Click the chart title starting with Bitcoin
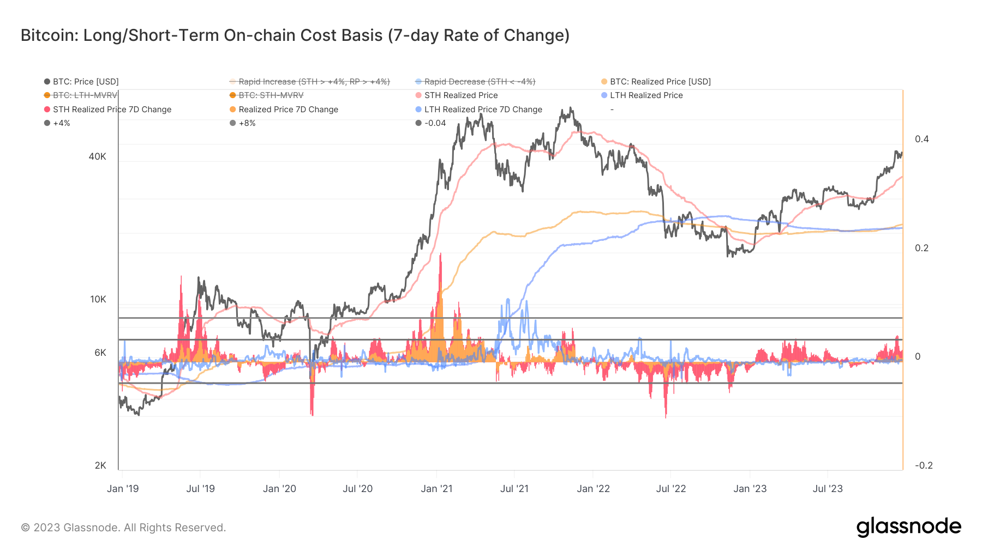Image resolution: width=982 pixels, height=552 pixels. coord(295,35)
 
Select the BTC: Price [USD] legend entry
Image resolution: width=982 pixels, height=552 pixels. coord(81,82)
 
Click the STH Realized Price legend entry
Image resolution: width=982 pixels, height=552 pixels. coord(457,95)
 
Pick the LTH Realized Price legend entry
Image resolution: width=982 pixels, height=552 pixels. coord(642,95)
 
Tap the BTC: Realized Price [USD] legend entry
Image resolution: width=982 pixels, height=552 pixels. coord(656,82)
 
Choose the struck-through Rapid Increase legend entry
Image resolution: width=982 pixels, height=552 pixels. coord(310,82)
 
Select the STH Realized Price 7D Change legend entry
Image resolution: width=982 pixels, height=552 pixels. coord(107,110)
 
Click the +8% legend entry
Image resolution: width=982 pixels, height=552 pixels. coord(243,123)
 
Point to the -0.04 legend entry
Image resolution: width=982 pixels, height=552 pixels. coord(431,123)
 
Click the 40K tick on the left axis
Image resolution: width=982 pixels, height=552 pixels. coord(97,157)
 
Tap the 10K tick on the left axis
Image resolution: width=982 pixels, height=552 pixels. coord(98,300)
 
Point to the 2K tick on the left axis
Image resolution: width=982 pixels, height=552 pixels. coord(100,466)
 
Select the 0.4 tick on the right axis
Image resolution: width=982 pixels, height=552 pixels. coord(922,139)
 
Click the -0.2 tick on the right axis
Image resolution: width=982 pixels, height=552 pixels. coord(924,466)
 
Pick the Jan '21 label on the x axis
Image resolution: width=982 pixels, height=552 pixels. coord(436,489)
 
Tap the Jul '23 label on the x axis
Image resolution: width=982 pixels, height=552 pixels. coord(828,489)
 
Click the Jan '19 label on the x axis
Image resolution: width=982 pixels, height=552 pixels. coord(123,489)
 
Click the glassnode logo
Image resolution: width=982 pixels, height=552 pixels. coord(909,527)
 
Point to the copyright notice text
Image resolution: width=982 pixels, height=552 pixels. coord(123,527)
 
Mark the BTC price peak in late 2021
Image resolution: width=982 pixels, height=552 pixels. coord(571,108)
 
